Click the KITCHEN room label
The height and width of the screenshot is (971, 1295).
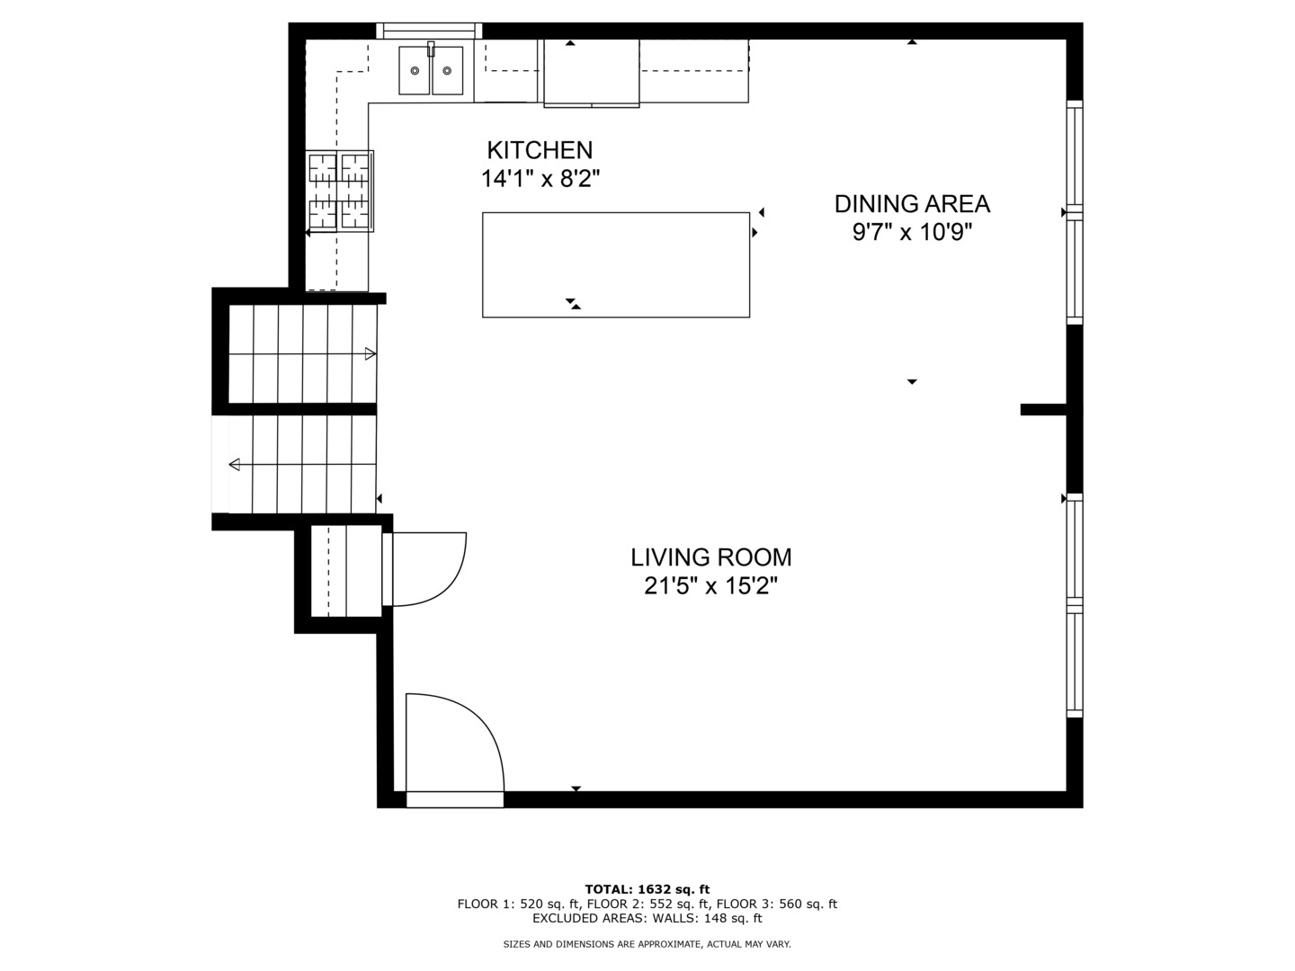coord(540,150)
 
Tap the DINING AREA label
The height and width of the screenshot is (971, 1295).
coord(912,204)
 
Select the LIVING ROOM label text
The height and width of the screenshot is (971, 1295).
coord(711,557)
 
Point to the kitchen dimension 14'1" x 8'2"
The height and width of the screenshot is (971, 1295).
coord(540,179)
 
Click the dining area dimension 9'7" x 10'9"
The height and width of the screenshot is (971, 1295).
coord(912,232)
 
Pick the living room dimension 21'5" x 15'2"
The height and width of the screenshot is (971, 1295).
coord(711,586)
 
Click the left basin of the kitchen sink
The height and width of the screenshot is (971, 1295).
coord(415,71)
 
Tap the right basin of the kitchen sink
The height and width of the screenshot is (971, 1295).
coord(447,71)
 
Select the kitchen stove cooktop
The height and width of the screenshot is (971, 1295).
coord(339,191)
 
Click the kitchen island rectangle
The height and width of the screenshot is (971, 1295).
coord(616,264)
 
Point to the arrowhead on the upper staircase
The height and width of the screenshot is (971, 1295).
coord(371,353)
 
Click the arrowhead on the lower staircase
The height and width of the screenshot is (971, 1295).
coord(235,465)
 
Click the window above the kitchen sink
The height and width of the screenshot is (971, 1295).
coord(430,31)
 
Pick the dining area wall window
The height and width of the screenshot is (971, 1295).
coord(1075,212)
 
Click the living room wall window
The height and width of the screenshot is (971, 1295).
coord(1075,605)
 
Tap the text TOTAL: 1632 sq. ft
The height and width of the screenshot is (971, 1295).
coord(647,889)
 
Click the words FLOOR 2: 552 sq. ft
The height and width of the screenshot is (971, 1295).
coord(647,904)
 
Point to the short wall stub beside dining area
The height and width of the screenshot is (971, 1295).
coord(1044,409)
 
